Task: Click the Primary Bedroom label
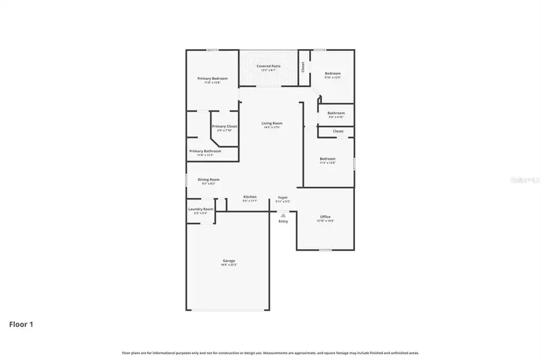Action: coord(213,79)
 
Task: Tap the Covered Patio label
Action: coord(268,66)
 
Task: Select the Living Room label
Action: coord(272,124)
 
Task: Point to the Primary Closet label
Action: coord(225,127)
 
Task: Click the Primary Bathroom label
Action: coord(205,151)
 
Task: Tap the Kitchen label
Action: coord(250,197)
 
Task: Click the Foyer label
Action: coord(283,197)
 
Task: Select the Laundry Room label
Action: coord(201,209)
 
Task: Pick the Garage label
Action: coord(229,261)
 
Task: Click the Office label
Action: coord(325,217)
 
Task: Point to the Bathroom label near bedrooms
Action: coord(336,113)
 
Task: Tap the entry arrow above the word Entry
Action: coord(283,214)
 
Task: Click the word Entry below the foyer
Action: coord(283,221)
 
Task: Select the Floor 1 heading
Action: coord(21,325)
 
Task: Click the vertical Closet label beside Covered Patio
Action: coord(304,67)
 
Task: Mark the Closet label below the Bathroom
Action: coord(338,131)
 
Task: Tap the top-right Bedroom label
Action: coord(333,73)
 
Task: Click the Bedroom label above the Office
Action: coord(327,159)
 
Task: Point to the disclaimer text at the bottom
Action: coord(270,353)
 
